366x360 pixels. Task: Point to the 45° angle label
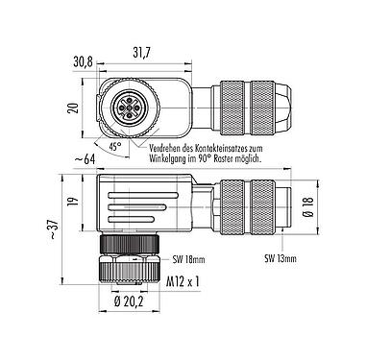[114, 148]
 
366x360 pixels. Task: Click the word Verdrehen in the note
[170, 148]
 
